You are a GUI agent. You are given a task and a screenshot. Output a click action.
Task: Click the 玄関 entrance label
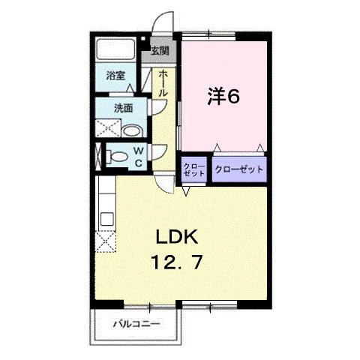point(159,51)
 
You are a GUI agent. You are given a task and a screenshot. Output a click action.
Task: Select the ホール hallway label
point(163,82)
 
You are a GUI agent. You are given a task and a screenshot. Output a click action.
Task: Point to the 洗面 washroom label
point(123,108)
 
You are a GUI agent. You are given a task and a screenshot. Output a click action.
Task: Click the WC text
point(139,156)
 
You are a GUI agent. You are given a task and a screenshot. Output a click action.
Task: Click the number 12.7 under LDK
point(177,264)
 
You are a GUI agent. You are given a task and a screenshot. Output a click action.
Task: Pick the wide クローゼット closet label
point(239,169)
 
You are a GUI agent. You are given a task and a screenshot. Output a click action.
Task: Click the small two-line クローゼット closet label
point(194,169)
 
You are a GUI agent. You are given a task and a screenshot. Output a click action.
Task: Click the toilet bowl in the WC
point(118,157)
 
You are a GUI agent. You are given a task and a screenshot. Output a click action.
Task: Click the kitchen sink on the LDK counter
point(106,219)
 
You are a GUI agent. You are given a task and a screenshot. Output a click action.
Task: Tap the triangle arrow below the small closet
point(186,191)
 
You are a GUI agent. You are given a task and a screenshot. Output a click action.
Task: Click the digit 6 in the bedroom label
point(234,97)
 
